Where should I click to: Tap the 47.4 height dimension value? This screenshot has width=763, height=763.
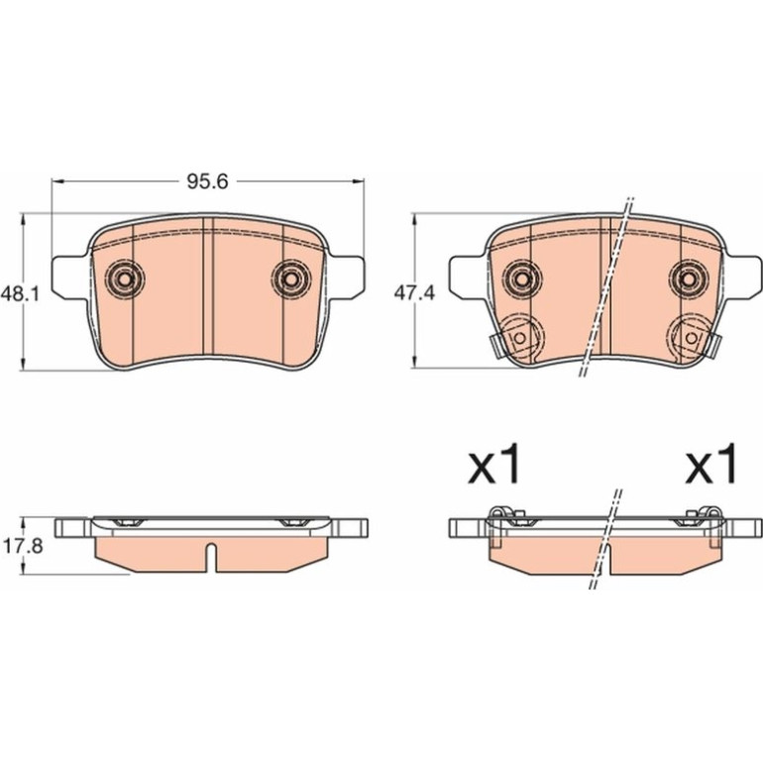coord(414,293)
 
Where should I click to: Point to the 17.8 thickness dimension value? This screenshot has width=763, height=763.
coord(23,546)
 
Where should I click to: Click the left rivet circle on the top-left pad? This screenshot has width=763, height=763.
coord(126,279)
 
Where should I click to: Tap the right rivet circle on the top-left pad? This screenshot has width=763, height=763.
coord(290,279)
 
